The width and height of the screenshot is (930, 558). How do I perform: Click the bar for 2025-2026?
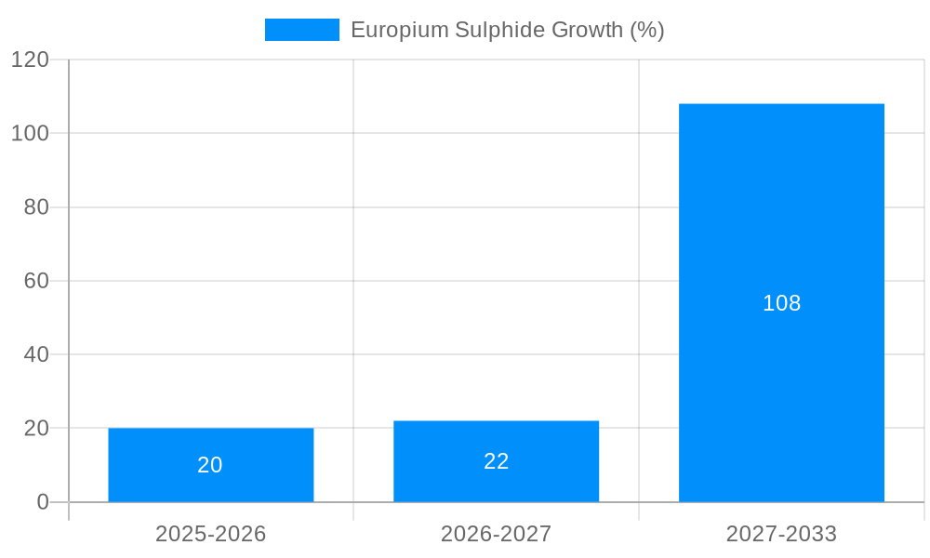pyautogui.click(x=210, y=465)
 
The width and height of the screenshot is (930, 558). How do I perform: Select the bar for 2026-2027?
pyautogui.click(x=496, y=461)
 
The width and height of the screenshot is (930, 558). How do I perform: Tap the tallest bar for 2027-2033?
pyautogui.click(x=781, y=302)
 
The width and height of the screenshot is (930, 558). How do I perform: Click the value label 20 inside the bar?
pyautogui.click(x=210, y=465)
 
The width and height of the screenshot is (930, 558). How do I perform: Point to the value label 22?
pyautogui.click(x=496, y=461)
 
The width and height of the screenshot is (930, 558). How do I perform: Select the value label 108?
pyautogui.click(x=781, y=303)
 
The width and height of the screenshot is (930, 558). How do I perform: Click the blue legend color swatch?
pyautogui.click(x=301, y=30)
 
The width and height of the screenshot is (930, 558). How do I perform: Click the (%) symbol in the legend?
pyautogui.click(x=647, y=30)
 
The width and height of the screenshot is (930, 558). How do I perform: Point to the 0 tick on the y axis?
pyautogui.click(x=42, y=502)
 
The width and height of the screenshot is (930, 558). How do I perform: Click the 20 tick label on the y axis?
pyautogui.click(x=35, y=429)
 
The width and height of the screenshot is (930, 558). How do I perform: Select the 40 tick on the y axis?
pyautogui.click(x=35, y=354)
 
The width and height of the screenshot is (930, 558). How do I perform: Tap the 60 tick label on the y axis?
pyautogui.click(x=35, y=281)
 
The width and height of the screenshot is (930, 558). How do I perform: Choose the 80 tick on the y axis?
pyautogui.click(x=35, y=207)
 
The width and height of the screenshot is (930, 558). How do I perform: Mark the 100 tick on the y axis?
pyautogui.click(x=30, y=133)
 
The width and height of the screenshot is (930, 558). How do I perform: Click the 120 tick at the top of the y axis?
pyautogui.click(x=30, y=60)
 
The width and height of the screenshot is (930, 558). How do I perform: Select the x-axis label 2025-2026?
pyautogui.click(x=210, y=534)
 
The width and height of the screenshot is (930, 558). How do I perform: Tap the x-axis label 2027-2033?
pyautogui.click(x=781, y=534)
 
